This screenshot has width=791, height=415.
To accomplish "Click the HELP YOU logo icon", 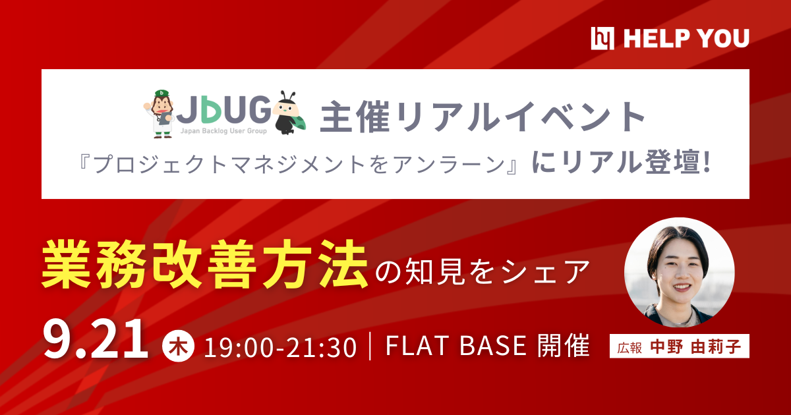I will pos(603,39).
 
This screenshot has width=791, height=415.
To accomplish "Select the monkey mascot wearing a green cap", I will pos(160,113).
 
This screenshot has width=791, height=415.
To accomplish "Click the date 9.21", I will pos(95,341).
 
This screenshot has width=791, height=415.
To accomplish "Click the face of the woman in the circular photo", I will pos(678,267).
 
